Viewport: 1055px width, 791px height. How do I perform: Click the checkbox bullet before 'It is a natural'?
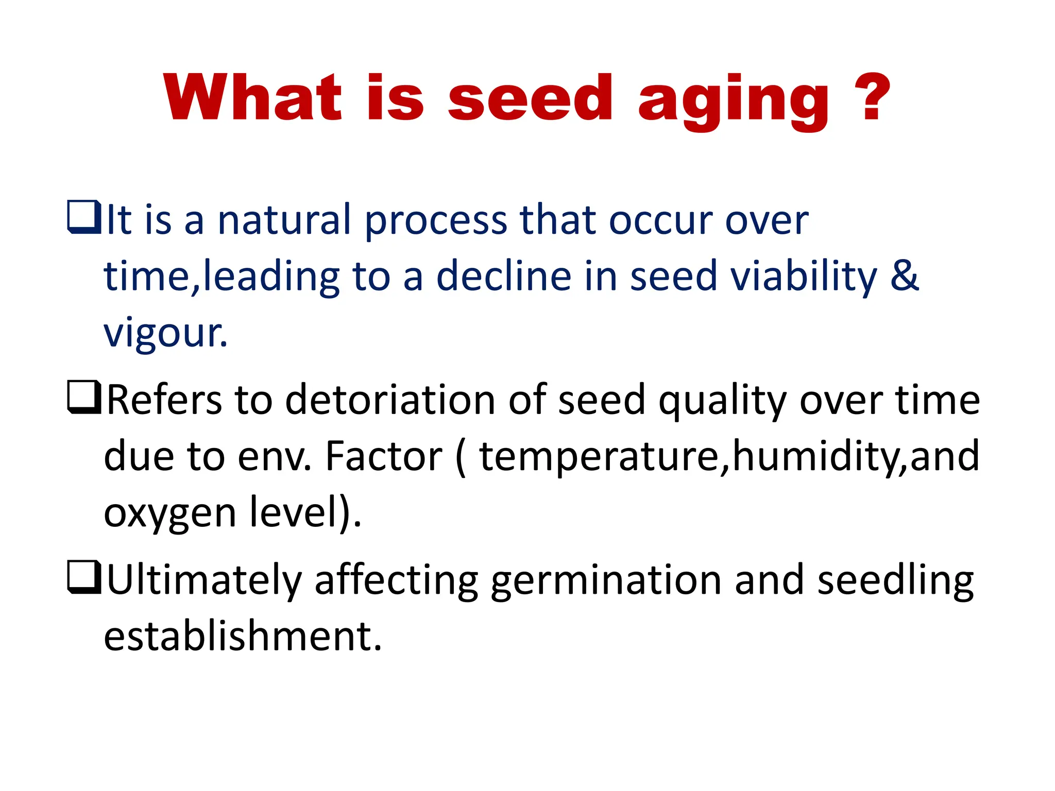click(x=83, y=217)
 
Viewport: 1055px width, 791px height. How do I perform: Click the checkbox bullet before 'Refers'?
click(x=83, y=397)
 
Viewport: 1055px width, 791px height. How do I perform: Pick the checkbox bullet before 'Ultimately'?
click(x=83, y=577)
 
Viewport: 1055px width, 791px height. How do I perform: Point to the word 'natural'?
click(x=284, y=220)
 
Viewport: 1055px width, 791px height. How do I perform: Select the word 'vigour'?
click(x=165, y=334)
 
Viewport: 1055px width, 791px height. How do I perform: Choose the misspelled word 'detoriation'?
click(x=390, y=400)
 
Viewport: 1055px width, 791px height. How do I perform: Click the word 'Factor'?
click(x=384, y=456)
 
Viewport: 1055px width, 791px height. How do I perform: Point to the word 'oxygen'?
click(x=169, y=514)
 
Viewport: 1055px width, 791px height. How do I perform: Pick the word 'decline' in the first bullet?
click(x=504, y=277)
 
